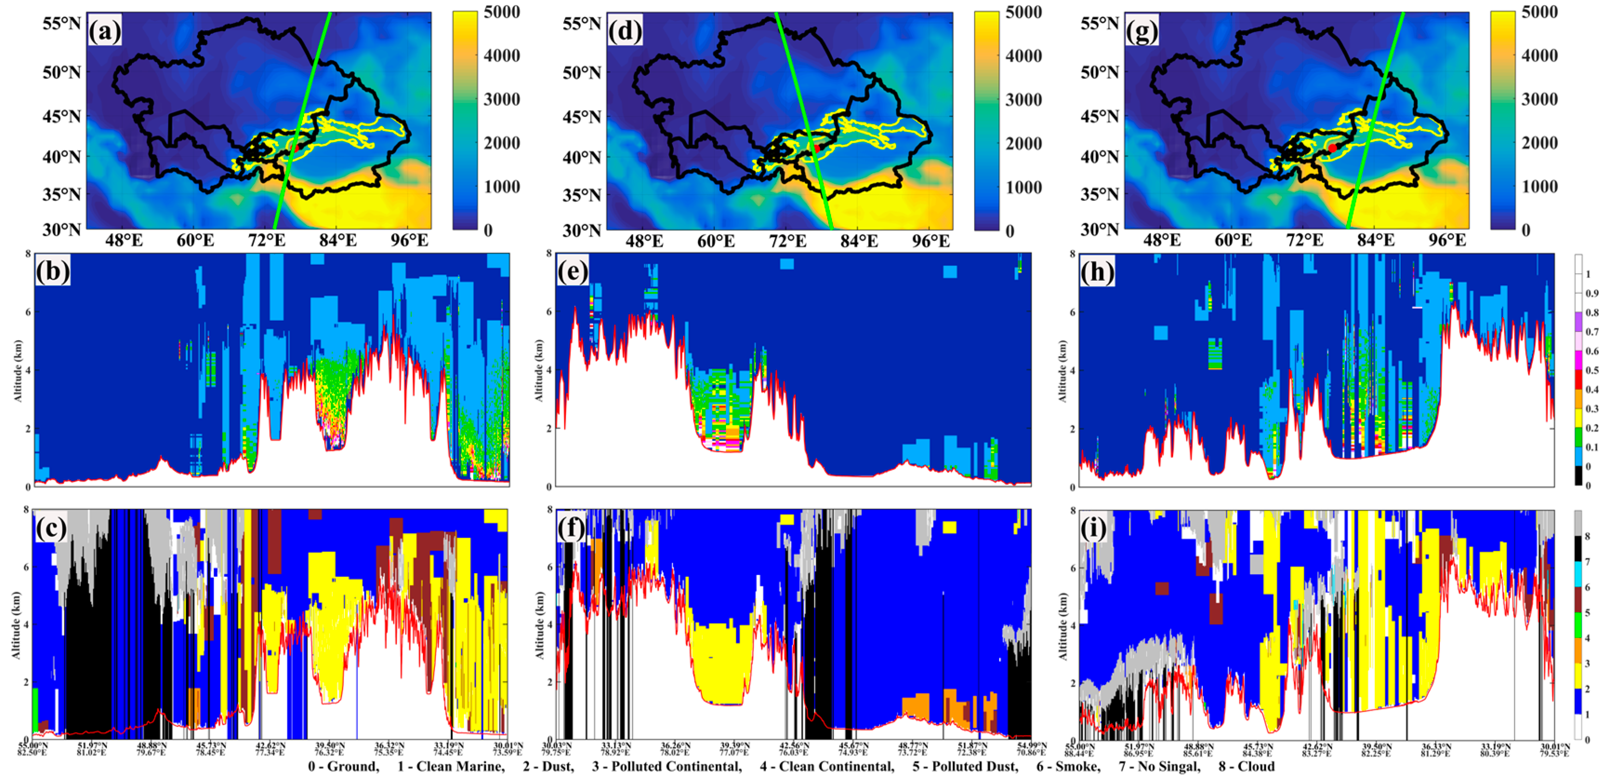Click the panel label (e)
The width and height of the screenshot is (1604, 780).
pyautogui.click(x=572, y=272)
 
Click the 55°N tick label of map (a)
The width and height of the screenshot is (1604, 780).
pyautogui.click(x=61, y=24)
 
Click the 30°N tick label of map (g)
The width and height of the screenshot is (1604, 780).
pyautogui.click(x=1099, y=230)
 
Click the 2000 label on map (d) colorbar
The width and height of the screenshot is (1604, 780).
pyautogui.click(x=1023, y=143)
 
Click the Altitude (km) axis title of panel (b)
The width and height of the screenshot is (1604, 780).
pyautogui.click(x=18, y=370)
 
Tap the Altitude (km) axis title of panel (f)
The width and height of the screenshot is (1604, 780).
pyautogui.click(x=539, y=625)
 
